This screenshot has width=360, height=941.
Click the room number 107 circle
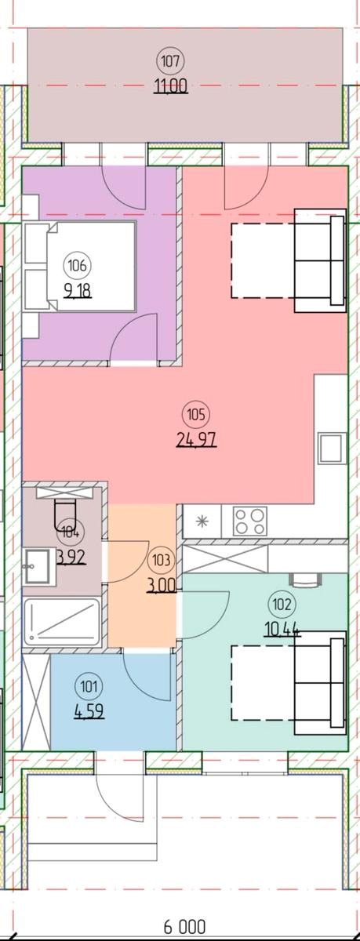tap(172, 60)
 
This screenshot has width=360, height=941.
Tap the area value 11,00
tap(172, 87)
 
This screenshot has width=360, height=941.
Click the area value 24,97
tap(196, 438)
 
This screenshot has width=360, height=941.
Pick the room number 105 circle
tap(196, 412)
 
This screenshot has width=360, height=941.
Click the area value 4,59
tap(91, 714)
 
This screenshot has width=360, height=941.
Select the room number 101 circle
tap(91, 688)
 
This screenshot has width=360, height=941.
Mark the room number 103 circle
tap(162, 560)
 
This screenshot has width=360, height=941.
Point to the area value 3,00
tap(162, 584)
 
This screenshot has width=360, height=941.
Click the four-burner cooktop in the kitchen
tap(250, 521)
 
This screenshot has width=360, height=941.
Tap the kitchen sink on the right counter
tap(331, 448)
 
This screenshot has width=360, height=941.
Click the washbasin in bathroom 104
tap(37, 565)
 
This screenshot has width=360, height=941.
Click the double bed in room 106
tap(78, 267)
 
